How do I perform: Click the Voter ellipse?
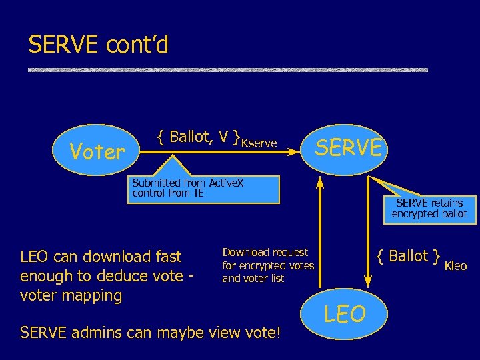tap(97, 152)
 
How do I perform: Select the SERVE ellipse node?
tap(349, 147)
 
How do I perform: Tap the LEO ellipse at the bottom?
tap(345, 314)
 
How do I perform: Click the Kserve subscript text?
tap(259, 143)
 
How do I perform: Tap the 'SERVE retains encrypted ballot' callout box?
tap(429, 208)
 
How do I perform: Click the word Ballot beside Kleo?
tap(408, 256)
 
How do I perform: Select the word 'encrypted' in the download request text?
tap(263, 265)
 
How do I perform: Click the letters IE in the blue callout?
tap(198, 193)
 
